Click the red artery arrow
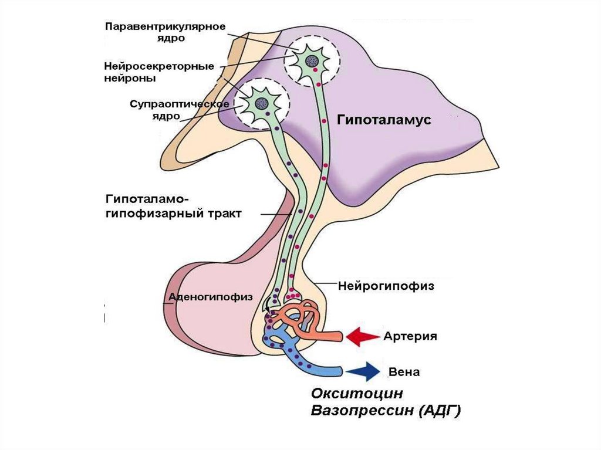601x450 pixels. pos(362,336)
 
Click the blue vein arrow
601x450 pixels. pos(362,371)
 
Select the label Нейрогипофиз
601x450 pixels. pos(386,286)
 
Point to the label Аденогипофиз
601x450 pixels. pos(211,297)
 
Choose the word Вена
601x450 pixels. pos(404,372)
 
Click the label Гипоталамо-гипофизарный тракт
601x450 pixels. pos(173,205)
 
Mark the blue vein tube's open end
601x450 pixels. pos(340,371)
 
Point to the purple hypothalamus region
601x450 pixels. pos(405,153)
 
